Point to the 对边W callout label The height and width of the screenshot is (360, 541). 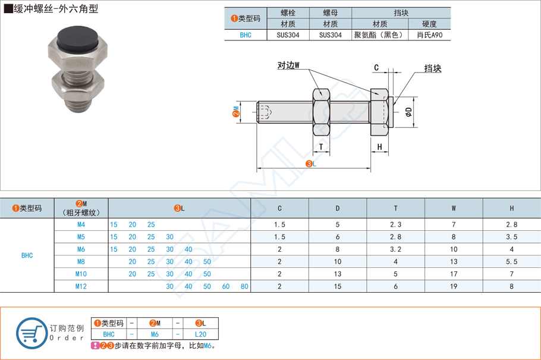[x=288, y=65]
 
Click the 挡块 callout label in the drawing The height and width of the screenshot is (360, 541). [x=433, y=69]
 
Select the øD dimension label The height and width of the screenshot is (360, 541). [x=409, y=111]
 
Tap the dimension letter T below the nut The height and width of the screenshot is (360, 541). [x=321, y=147]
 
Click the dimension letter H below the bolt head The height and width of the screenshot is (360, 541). [x=379, y=147]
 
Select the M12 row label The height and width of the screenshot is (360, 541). [x=81, y=286]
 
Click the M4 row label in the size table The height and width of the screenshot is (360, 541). [x=81, y=224]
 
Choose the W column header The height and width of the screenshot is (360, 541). [x=454, y=208]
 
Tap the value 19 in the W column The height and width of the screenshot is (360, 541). [x=454, y=286]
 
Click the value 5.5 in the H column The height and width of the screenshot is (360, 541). [x=511, y=262]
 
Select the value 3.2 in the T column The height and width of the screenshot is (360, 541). [x=396, y=249]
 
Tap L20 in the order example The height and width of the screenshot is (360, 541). [x=200, y=334]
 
